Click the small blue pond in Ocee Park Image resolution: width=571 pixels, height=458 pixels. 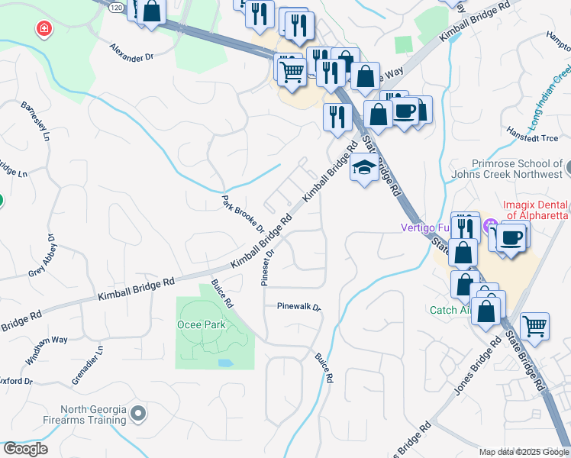tap(225, 363)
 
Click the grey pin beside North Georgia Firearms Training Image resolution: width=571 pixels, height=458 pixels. tap(138, 414)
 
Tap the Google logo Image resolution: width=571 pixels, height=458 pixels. tap(25, 449)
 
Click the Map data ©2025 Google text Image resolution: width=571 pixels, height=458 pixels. tap(523, 452)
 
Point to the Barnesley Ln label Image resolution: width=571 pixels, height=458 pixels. tap(35, 122)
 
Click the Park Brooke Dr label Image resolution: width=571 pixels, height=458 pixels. tap(243, 214)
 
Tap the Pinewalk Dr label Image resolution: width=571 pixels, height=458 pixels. tap(298, 307)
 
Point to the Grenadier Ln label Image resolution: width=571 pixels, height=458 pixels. tap(98, 365)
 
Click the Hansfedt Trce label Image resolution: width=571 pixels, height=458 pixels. tap(539, 138)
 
